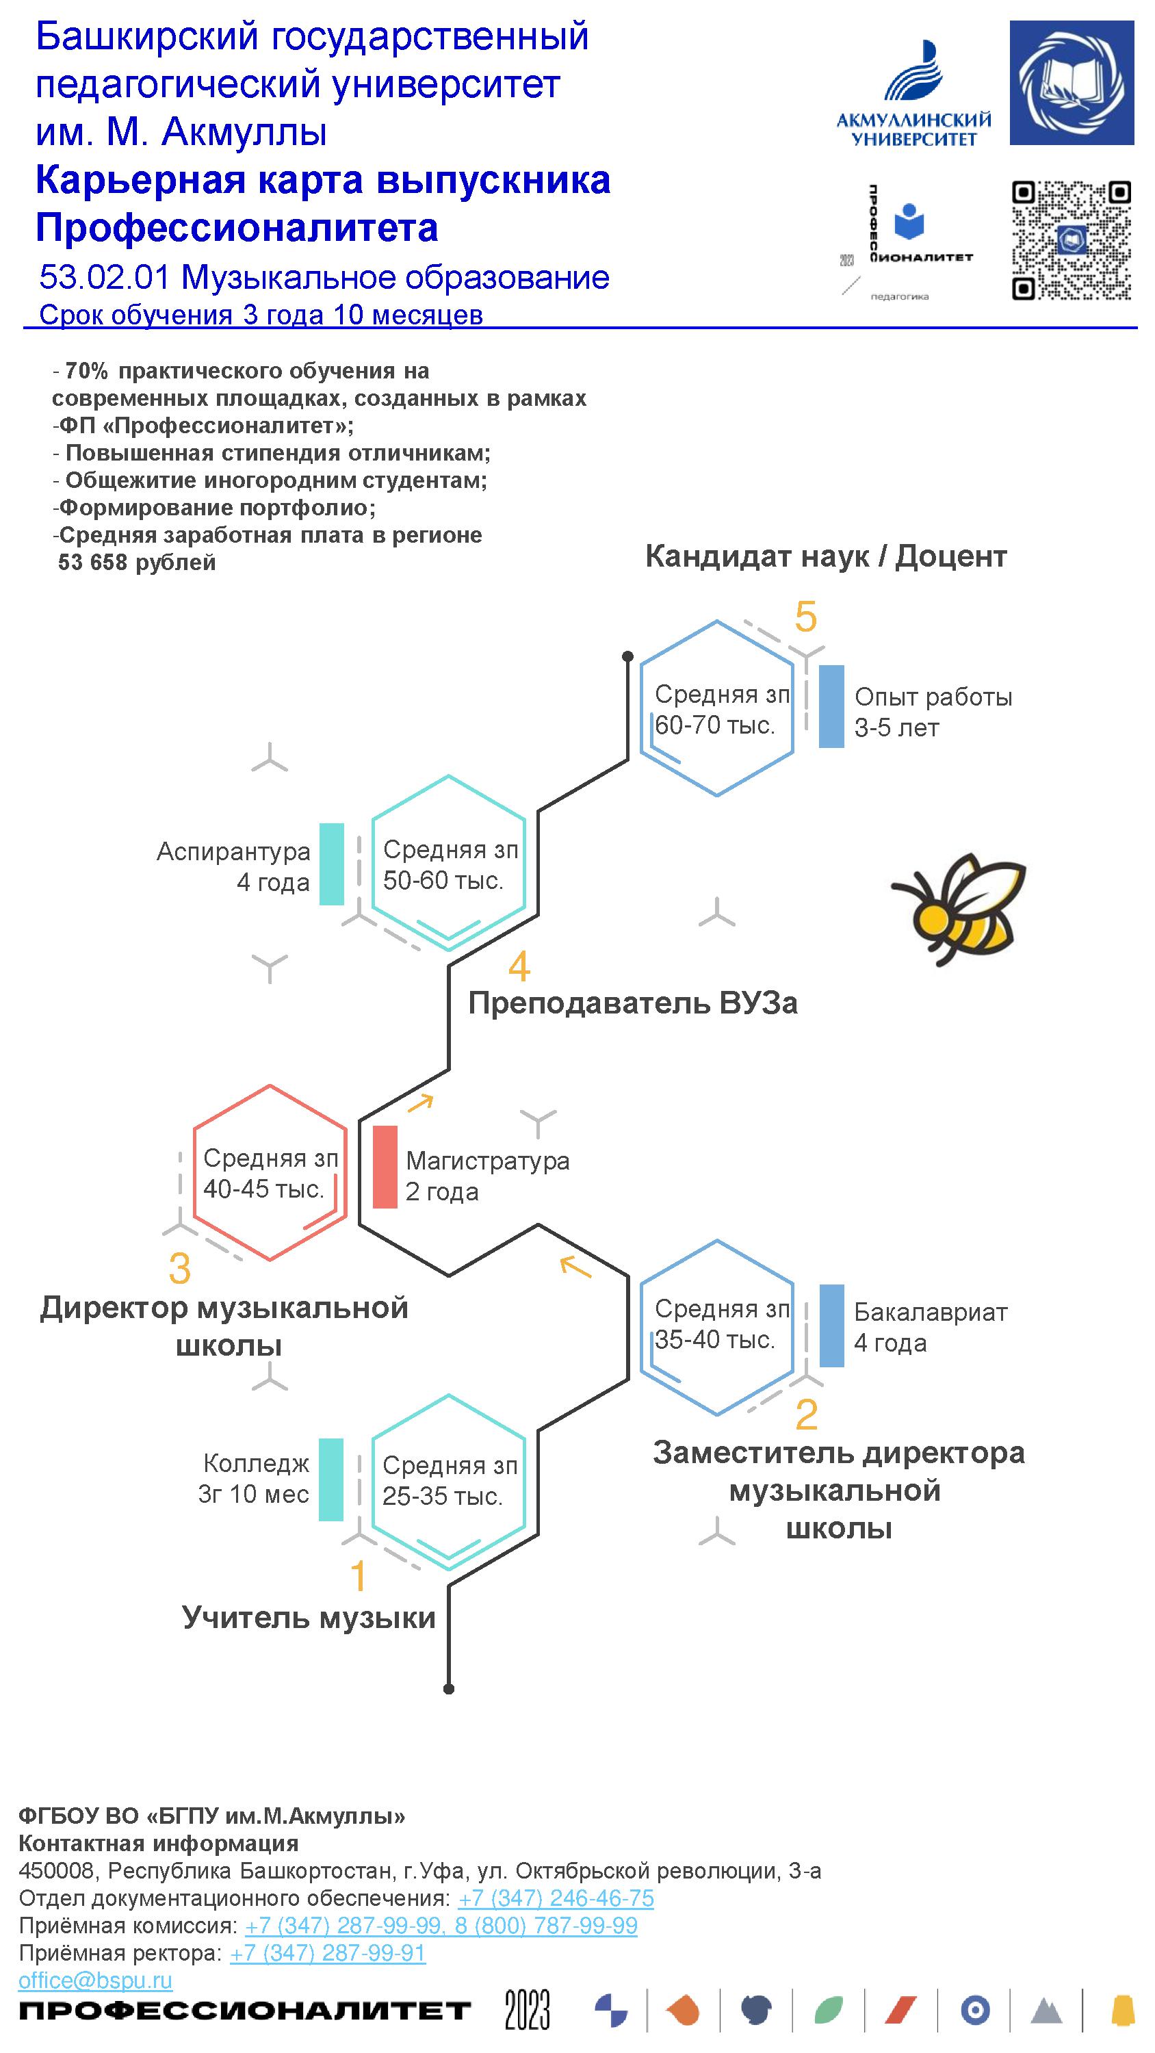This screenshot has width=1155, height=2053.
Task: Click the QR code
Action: (1071, 241)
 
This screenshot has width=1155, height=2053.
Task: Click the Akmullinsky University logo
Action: (913, 96)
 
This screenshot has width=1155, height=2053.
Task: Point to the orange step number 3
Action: (180, 1269)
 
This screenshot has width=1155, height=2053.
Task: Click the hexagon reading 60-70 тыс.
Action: (716, 708)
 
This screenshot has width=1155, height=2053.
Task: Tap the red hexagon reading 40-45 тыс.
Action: (270, 1172)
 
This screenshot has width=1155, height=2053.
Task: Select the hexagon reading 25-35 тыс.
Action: (449, 1480)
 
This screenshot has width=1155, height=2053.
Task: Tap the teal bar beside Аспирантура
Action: (332, 864)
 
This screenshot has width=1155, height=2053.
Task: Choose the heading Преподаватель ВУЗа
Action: (632, 1003)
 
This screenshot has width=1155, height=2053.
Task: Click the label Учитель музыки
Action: (309, 1617)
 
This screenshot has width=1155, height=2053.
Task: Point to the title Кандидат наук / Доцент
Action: (826, 556)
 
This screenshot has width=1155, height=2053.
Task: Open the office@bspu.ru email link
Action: (96, 1980)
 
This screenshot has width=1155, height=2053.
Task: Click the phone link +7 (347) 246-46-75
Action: (556, 1898)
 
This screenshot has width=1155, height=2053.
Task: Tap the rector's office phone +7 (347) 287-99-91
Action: (328, 1952)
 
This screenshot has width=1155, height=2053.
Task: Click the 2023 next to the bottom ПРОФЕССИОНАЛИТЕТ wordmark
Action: (527, 2010)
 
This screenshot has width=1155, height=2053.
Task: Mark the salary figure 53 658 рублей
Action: (137, 563)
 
